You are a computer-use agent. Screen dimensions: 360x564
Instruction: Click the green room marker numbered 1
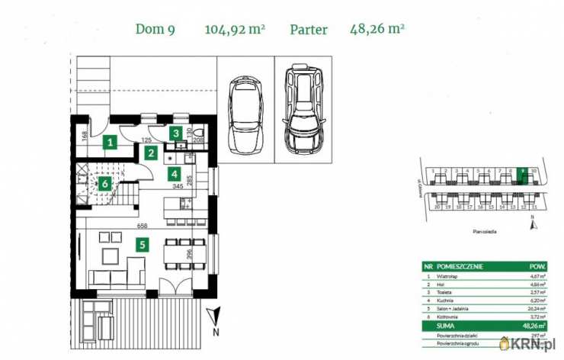[111, 141]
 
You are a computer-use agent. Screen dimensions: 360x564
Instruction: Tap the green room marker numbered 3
[176, 133]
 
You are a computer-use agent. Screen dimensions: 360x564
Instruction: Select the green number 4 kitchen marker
[175, 173]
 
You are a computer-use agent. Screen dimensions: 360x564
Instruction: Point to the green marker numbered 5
[140, 245]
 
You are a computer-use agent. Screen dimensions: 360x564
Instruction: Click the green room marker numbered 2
[152, 153]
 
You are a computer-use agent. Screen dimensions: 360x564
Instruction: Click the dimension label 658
[142, 226]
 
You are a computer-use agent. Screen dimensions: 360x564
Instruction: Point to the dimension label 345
[177, 185]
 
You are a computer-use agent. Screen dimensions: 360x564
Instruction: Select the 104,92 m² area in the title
[234, 31]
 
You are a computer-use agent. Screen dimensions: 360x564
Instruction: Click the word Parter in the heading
[309, 31]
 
